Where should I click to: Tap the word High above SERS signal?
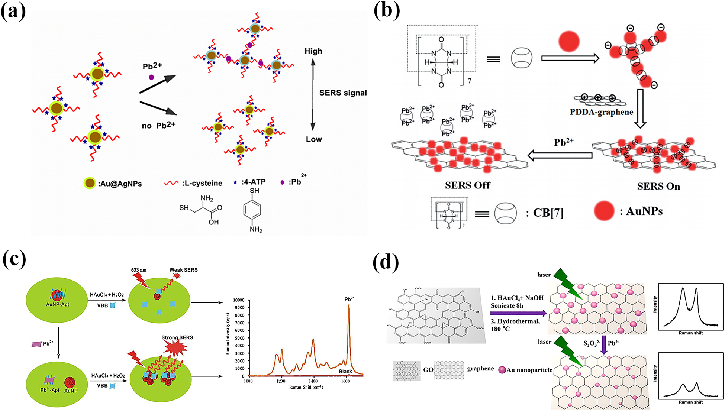tap(313, 51)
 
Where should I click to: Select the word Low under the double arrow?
tap(314, 139)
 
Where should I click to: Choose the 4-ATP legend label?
tap(253, 182)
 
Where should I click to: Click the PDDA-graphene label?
tap(601, 112)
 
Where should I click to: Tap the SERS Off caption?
tap(467, 185)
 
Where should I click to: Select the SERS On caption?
tap(658, 186)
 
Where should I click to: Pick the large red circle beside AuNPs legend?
tap(604, 211)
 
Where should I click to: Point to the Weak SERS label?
tap(183, 270)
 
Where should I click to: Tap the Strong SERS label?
tap(177, 338)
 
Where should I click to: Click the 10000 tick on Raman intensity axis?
tap(238, 300)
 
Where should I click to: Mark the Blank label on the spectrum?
tap(345, 372)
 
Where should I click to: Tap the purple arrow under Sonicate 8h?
tap(518, 314)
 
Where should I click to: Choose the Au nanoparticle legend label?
tap(529, 370)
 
